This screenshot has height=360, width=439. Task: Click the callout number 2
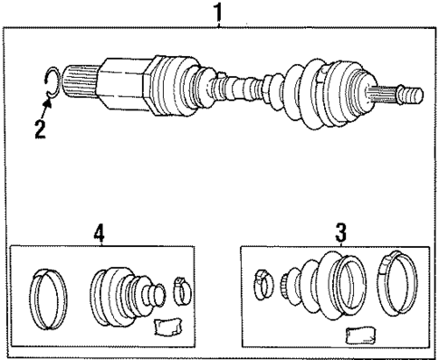tap(40, 128)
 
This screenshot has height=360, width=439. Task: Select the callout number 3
tap(340, 233)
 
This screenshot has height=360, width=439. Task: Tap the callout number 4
tap(99, 233)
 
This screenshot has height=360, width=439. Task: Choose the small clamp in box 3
tap(263, 282)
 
